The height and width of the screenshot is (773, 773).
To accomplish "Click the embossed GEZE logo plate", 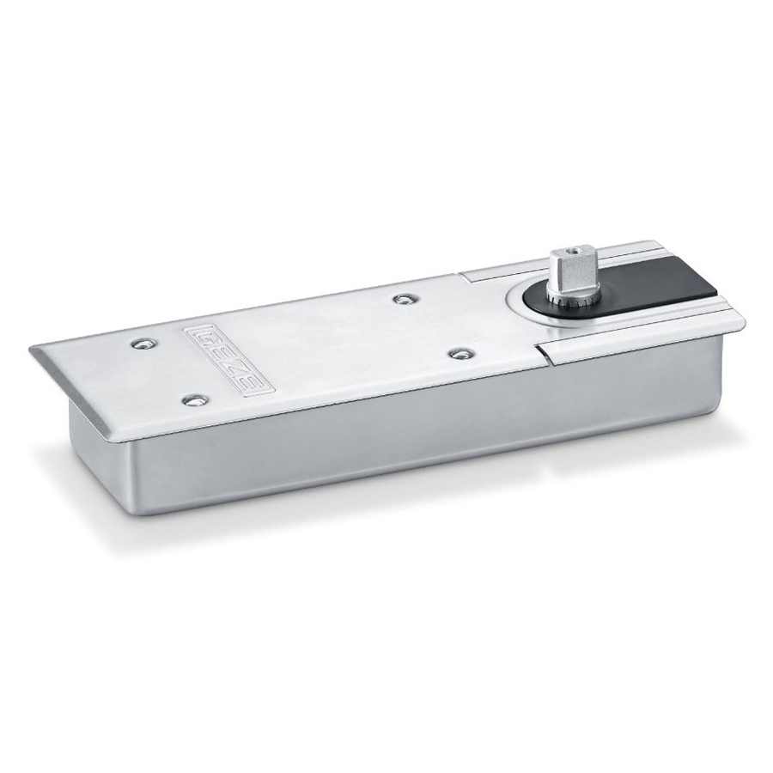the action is click(228, 359).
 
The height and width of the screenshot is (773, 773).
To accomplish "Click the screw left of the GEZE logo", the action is click(143, 344).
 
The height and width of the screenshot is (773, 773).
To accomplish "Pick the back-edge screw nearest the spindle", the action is click(405, 298).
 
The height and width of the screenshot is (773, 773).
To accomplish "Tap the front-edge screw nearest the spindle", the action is click(460, 354).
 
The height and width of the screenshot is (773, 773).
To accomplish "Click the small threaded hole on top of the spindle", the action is click(573, 252).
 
